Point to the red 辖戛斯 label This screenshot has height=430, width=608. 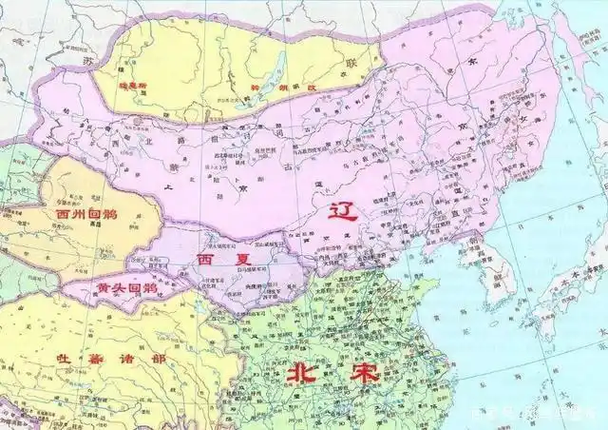[133, 85]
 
